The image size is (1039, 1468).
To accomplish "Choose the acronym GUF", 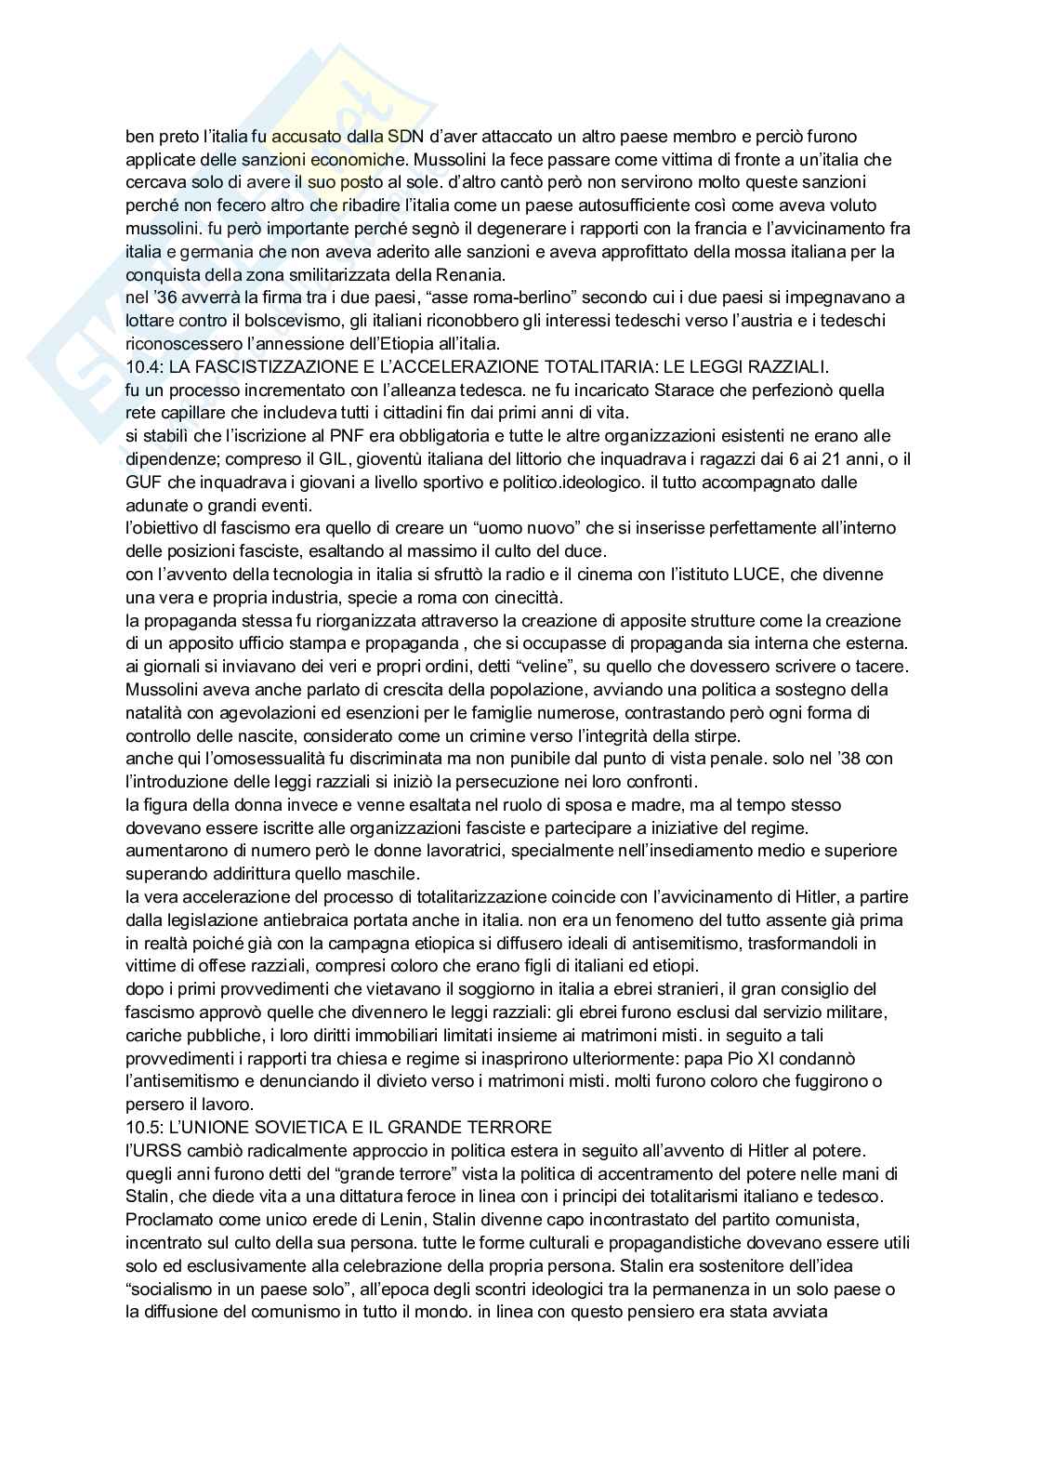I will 145,482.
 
